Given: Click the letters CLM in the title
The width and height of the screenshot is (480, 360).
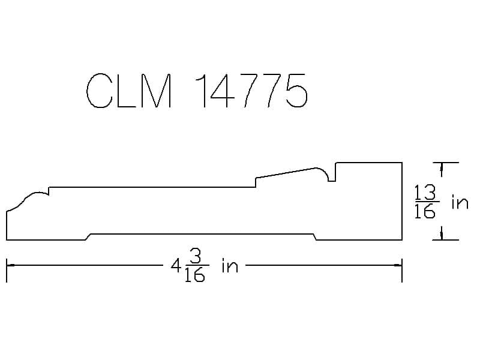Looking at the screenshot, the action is click(x=129, y=91).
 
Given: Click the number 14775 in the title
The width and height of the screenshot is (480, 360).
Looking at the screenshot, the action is click(x=251, y=91).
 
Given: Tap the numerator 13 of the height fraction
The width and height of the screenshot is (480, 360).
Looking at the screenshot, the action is click(x=425, y=193).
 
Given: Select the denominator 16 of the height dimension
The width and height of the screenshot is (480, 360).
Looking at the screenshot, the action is click(x=425, y=211).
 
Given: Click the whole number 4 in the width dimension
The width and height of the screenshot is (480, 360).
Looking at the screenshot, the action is click(x=176, y=265).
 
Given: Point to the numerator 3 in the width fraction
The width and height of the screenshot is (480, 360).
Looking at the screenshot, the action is click(x=196, y=257).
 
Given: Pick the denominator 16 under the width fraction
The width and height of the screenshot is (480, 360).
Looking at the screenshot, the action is click(x=194, y=274).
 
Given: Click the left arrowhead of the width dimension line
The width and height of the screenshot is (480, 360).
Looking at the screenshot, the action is click(x=10, y=265).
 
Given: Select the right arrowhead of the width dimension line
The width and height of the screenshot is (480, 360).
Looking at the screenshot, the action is click(x=398, y=265).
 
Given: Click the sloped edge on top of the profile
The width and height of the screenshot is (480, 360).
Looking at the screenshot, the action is click(x=286, y=173).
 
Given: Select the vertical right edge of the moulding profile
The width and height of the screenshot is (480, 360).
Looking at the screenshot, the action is click(x=402, y=201).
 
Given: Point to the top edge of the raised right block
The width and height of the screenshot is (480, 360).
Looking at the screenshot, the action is click(x=369, y=163).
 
